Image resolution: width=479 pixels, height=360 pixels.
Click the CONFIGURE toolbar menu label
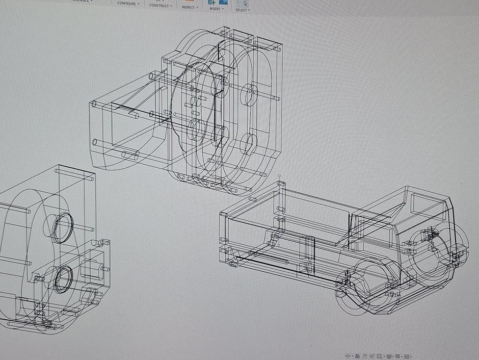[127, 4]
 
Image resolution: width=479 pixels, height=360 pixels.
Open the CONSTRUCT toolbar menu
[159, 6]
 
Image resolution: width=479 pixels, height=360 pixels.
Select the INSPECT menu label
[188, 7]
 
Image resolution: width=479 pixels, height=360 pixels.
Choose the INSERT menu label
[215, 9]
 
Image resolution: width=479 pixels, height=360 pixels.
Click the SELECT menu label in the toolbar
[241, 10]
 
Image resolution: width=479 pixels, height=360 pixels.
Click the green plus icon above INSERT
[211, 2]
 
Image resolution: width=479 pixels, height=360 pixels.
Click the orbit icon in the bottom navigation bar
[348, 356]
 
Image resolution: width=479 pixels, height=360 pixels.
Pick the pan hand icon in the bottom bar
[365, 356]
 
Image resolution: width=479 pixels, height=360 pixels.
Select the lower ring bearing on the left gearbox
[64, 278]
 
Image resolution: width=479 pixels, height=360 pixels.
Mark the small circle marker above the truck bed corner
[279, 175]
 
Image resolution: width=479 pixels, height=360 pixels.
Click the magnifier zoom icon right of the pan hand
[372, 356]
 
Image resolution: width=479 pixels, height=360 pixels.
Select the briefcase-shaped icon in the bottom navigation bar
[357, 356]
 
